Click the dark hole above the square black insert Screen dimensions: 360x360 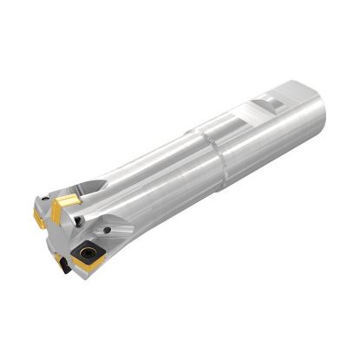[106, 230]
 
